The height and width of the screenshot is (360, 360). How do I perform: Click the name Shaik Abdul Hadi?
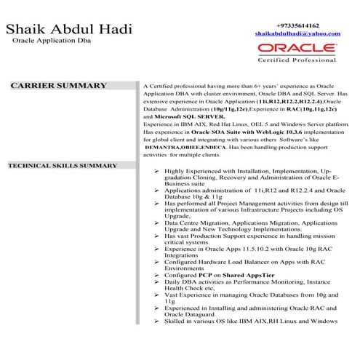pos(68,30)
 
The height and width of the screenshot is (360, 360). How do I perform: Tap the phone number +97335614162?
pos(297,24)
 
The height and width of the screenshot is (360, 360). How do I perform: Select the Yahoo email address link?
pos(297,34)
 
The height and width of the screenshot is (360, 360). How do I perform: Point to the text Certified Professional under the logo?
pos(297,60)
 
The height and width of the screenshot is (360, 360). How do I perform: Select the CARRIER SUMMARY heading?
pos(58,86)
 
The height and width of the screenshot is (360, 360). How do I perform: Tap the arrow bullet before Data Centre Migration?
pos(158,222)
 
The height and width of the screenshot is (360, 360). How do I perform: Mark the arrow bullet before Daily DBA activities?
pos(158,281)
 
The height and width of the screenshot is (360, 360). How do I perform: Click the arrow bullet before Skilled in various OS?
pos(158,320)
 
